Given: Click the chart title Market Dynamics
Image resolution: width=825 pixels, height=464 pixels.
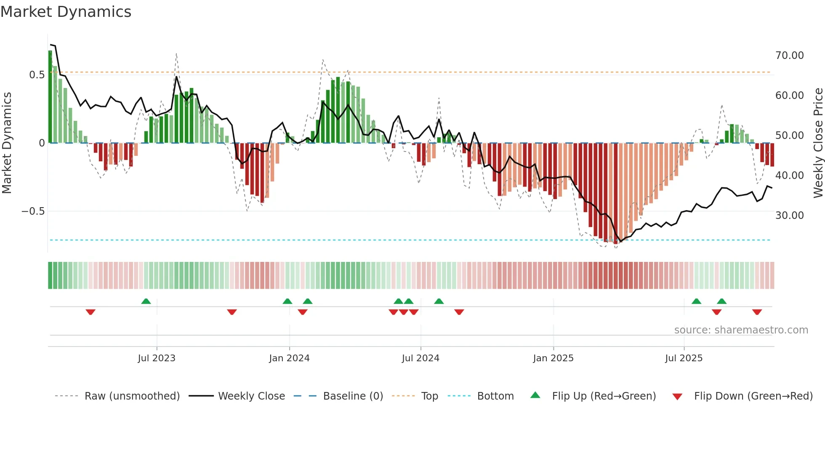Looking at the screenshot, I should pos(66,12).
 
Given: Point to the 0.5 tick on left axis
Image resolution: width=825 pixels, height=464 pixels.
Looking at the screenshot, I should pos(37,75).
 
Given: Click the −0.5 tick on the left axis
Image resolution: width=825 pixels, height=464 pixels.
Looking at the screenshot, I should pos(33,211).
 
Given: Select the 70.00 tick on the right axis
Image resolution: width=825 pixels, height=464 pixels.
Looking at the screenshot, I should pos(789,56).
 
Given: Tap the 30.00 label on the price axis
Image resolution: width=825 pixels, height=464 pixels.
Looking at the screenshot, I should pos(789,216).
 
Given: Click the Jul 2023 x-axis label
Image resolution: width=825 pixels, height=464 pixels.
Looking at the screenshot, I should pos(157,358).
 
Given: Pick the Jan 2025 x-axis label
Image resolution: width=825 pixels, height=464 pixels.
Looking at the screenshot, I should pos(553,358).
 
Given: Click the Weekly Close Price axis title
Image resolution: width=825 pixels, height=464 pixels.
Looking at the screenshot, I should pos(818,143).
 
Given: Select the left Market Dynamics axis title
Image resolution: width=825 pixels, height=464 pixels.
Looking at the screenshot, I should pos(7,143).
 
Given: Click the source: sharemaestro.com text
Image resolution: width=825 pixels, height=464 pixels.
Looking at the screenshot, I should pos(741,330).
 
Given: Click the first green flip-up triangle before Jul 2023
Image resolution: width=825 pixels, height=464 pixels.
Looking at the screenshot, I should pos(146,301).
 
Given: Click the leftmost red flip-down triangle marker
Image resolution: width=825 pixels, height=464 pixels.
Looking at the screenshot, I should pos(90,312).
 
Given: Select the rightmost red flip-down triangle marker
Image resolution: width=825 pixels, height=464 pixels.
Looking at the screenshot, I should pos(757,312).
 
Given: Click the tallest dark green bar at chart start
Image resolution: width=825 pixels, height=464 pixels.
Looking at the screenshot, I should pos(50,97).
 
